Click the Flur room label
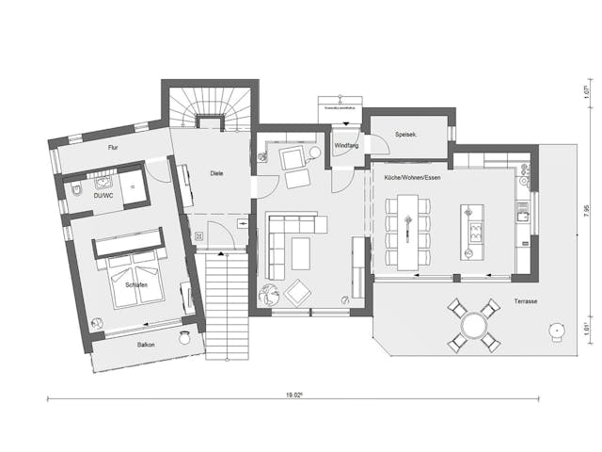(x=113, y=148)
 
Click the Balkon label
(x=146, y=345)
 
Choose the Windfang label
(x=347, y=146)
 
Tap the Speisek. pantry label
(x=406, y=134)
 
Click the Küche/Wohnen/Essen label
(x=413, y=178)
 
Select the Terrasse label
(x=526, y=301)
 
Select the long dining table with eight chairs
(x=407, y=231)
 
